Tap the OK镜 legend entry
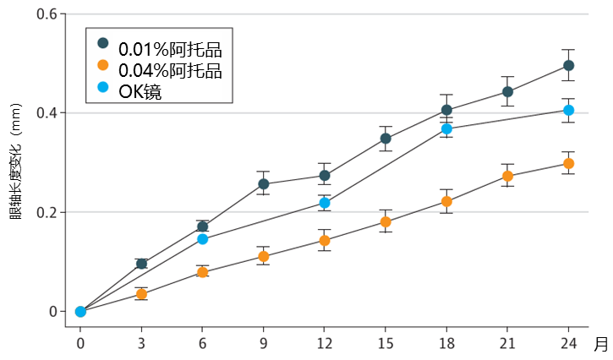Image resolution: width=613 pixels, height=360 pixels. [140, 90]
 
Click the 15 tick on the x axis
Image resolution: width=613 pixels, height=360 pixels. [386, 343]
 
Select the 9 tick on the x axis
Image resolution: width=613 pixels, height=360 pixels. [264, 343]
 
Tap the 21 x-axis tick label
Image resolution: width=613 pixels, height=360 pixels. [507, 343]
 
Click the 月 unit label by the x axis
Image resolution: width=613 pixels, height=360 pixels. [600, 343]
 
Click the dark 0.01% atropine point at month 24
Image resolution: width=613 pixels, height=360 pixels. [568, 65]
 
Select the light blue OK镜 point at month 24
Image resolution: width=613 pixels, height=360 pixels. [568, 110]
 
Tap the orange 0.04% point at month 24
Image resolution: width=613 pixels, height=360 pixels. [568, 163]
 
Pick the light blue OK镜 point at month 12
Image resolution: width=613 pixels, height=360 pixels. [325, 203]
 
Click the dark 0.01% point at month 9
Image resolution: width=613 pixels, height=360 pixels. [264, 183]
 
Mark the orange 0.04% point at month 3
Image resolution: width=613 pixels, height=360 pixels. [141, 294]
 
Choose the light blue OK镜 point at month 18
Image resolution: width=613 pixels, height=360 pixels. [446, 128]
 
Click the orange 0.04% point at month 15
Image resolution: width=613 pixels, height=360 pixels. [386, 222]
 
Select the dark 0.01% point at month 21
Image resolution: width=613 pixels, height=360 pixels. [507, 91]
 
